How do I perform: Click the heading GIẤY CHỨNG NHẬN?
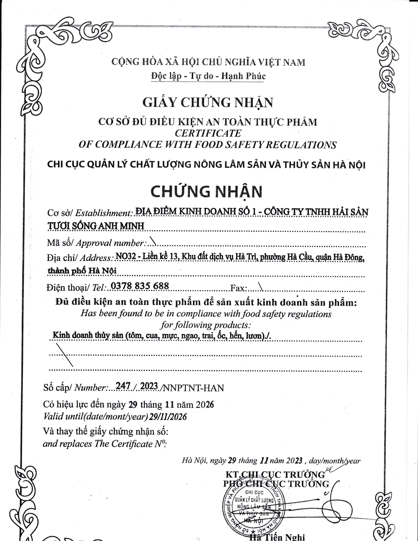tap(208, 103)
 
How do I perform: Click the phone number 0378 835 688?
tap(140, 286)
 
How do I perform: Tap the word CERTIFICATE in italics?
tap(208, 133)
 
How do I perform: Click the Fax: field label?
tap(239, 288)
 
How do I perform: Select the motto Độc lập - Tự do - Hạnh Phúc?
tap(208, 76)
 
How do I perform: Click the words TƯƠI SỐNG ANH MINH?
tap(96, 226)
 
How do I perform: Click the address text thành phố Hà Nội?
tap(82, 270)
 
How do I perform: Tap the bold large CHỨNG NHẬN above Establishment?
tap(207, 192)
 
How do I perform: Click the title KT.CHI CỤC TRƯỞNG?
tap(275, 474)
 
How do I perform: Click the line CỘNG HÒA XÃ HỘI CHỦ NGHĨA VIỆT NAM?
tap(208, 62)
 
